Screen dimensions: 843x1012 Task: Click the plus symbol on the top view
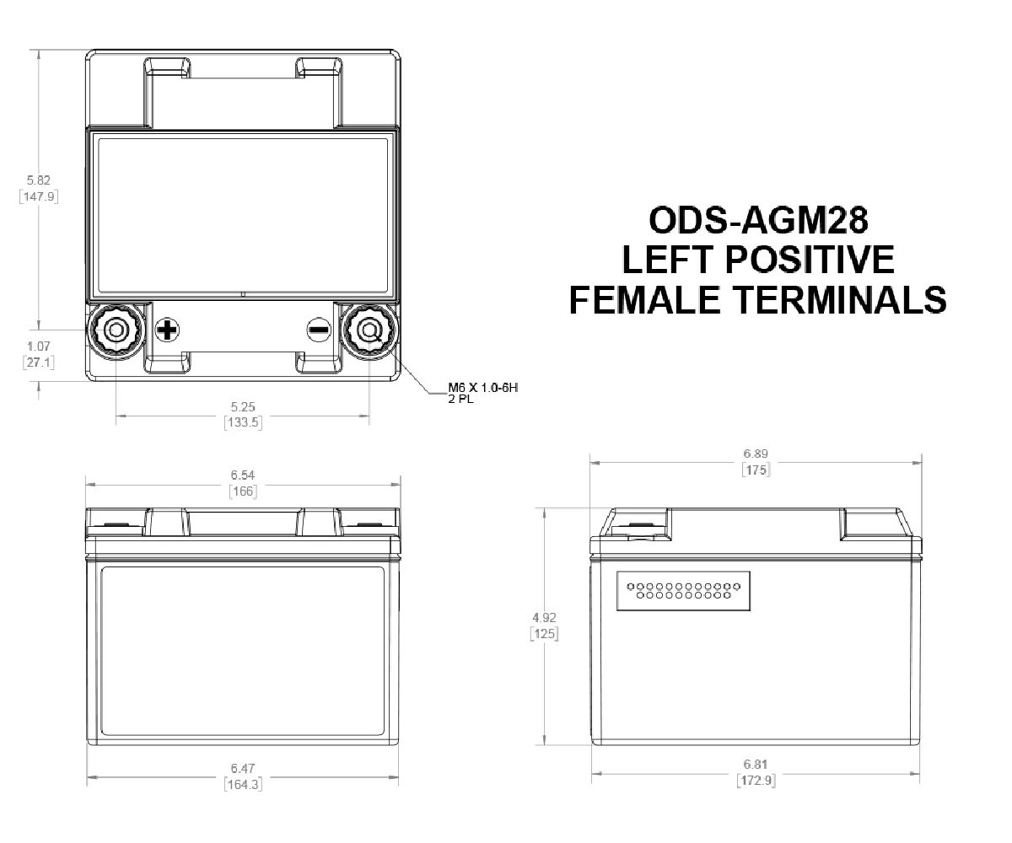tap(167, 330)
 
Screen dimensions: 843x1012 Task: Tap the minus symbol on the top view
tap(318, 330)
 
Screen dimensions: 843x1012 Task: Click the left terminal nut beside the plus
tap(116, 331)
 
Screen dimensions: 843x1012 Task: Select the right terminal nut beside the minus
tap(369, 331)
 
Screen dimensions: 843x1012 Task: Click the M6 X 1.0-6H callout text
tap(482, 388)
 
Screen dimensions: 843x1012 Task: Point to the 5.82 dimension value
tap(38, 180)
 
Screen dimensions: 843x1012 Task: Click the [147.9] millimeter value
tap(38, 196)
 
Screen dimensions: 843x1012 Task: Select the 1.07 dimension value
tap(38, 346)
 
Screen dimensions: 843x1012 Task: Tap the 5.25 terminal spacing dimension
tap(243, 405)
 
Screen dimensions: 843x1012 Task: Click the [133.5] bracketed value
tap(243, 421)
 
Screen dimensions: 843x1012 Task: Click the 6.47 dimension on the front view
tap(243, 768)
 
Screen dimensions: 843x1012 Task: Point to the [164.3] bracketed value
tap(243, 783)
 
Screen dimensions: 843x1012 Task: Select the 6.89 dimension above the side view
tap(756, 454)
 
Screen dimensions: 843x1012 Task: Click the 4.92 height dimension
tap(545, 617)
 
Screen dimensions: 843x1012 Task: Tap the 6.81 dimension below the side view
tap(756, 765)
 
